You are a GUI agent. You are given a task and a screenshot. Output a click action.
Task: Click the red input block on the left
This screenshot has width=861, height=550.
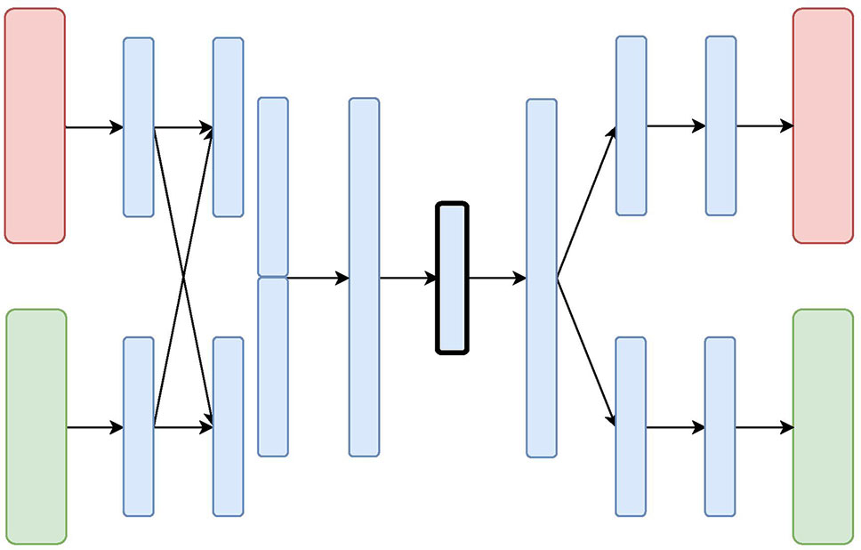pos(35,125)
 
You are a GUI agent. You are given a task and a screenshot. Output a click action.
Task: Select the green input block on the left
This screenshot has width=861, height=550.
pos(36,426)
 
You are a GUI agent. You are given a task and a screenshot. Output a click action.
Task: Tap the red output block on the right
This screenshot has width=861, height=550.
pos(823,125)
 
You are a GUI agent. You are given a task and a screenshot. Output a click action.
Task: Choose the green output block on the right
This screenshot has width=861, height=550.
pos(823,426)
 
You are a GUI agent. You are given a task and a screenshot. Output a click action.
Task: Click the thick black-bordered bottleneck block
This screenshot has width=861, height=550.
pos(452,279)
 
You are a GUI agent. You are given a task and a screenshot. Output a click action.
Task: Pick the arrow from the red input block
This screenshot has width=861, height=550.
pos(93,127)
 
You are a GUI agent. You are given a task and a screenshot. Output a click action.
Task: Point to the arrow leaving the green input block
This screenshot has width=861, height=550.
pos(94,428)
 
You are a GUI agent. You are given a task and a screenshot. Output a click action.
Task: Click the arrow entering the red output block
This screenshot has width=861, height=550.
pos(764,126)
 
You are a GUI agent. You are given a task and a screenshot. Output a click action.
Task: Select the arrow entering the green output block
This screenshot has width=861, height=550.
pos(764,428)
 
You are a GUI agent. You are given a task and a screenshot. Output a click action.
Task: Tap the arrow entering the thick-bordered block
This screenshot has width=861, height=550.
pos(408,279)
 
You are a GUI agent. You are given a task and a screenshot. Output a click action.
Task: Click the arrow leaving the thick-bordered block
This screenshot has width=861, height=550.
pos(497,279)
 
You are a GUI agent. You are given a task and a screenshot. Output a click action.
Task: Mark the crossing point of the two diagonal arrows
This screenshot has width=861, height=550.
pos(183,279)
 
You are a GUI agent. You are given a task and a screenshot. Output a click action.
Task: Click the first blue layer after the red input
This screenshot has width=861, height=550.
pos(138,126)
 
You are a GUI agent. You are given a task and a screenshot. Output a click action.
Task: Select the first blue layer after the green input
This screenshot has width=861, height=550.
pos(138,426)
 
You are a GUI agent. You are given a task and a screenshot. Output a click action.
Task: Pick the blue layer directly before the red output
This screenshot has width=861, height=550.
pos(720,125)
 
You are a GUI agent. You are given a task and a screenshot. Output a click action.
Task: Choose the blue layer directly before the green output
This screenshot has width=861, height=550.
pos(720,426)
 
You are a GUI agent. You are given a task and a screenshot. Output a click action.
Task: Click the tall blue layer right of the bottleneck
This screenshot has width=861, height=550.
pos(542,278)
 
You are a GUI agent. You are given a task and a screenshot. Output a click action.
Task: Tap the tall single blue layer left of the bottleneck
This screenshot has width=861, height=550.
pos(364,277)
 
